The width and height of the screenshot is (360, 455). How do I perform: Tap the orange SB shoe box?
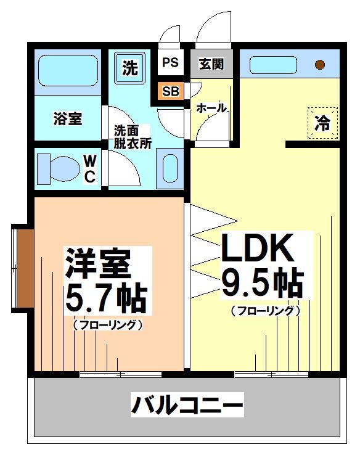point(170,91)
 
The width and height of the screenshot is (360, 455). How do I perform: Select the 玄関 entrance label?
point(211,64)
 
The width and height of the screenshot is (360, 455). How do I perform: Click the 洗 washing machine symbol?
point(129,68)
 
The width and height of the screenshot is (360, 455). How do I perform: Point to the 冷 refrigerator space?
point(323,123)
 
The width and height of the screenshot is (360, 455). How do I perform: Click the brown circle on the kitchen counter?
point(320,64)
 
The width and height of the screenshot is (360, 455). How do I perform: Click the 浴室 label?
point(67,119)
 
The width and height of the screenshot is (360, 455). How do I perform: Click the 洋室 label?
point(97,264)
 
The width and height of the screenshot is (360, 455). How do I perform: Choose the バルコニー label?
point(186,406)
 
